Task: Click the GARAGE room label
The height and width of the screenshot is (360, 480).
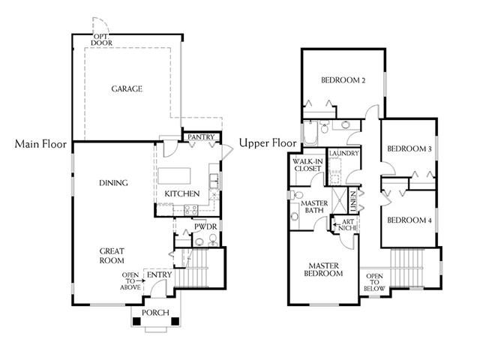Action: [127, 88]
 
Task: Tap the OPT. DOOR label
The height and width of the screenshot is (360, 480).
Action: [101, 40]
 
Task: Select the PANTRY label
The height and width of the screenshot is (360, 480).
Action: [201, 136]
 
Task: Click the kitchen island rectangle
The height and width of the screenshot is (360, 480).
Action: [174, 175]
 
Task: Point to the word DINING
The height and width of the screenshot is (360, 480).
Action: [113, 183]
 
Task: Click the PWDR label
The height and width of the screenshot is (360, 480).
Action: [205, 226]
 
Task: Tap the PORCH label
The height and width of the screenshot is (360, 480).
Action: [155, 313]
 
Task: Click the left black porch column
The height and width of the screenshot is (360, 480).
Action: [136, 322]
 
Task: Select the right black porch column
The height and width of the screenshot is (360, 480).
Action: [175, 322]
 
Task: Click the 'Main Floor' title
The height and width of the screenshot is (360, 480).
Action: [40, 144]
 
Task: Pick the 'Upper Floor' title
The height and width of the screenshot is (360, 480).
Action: [268, 143]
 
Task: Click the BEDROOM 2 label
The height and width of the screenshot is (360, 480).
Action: [343, 80]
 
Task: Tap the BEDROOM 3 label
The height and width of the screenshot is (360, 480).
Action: [409, 148]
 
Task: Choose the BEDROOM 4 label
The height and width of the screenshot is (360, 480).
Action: [409, 220]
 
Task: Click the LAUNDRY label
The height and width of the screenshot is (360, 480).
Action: [343, 153]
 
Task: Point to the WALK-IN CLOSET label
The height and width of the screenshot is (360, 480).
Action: [307, 165]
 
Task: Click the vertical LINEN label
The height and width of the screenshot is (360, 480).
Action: [353, 202]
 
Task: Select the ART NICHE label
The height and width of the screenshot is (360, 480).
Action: [348, 225]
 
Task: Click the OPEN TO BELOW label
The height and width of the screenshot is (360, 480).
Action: [374, 282]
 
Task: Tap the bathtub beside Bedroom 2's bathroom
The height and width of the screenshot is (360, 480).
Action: [310, 133]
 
